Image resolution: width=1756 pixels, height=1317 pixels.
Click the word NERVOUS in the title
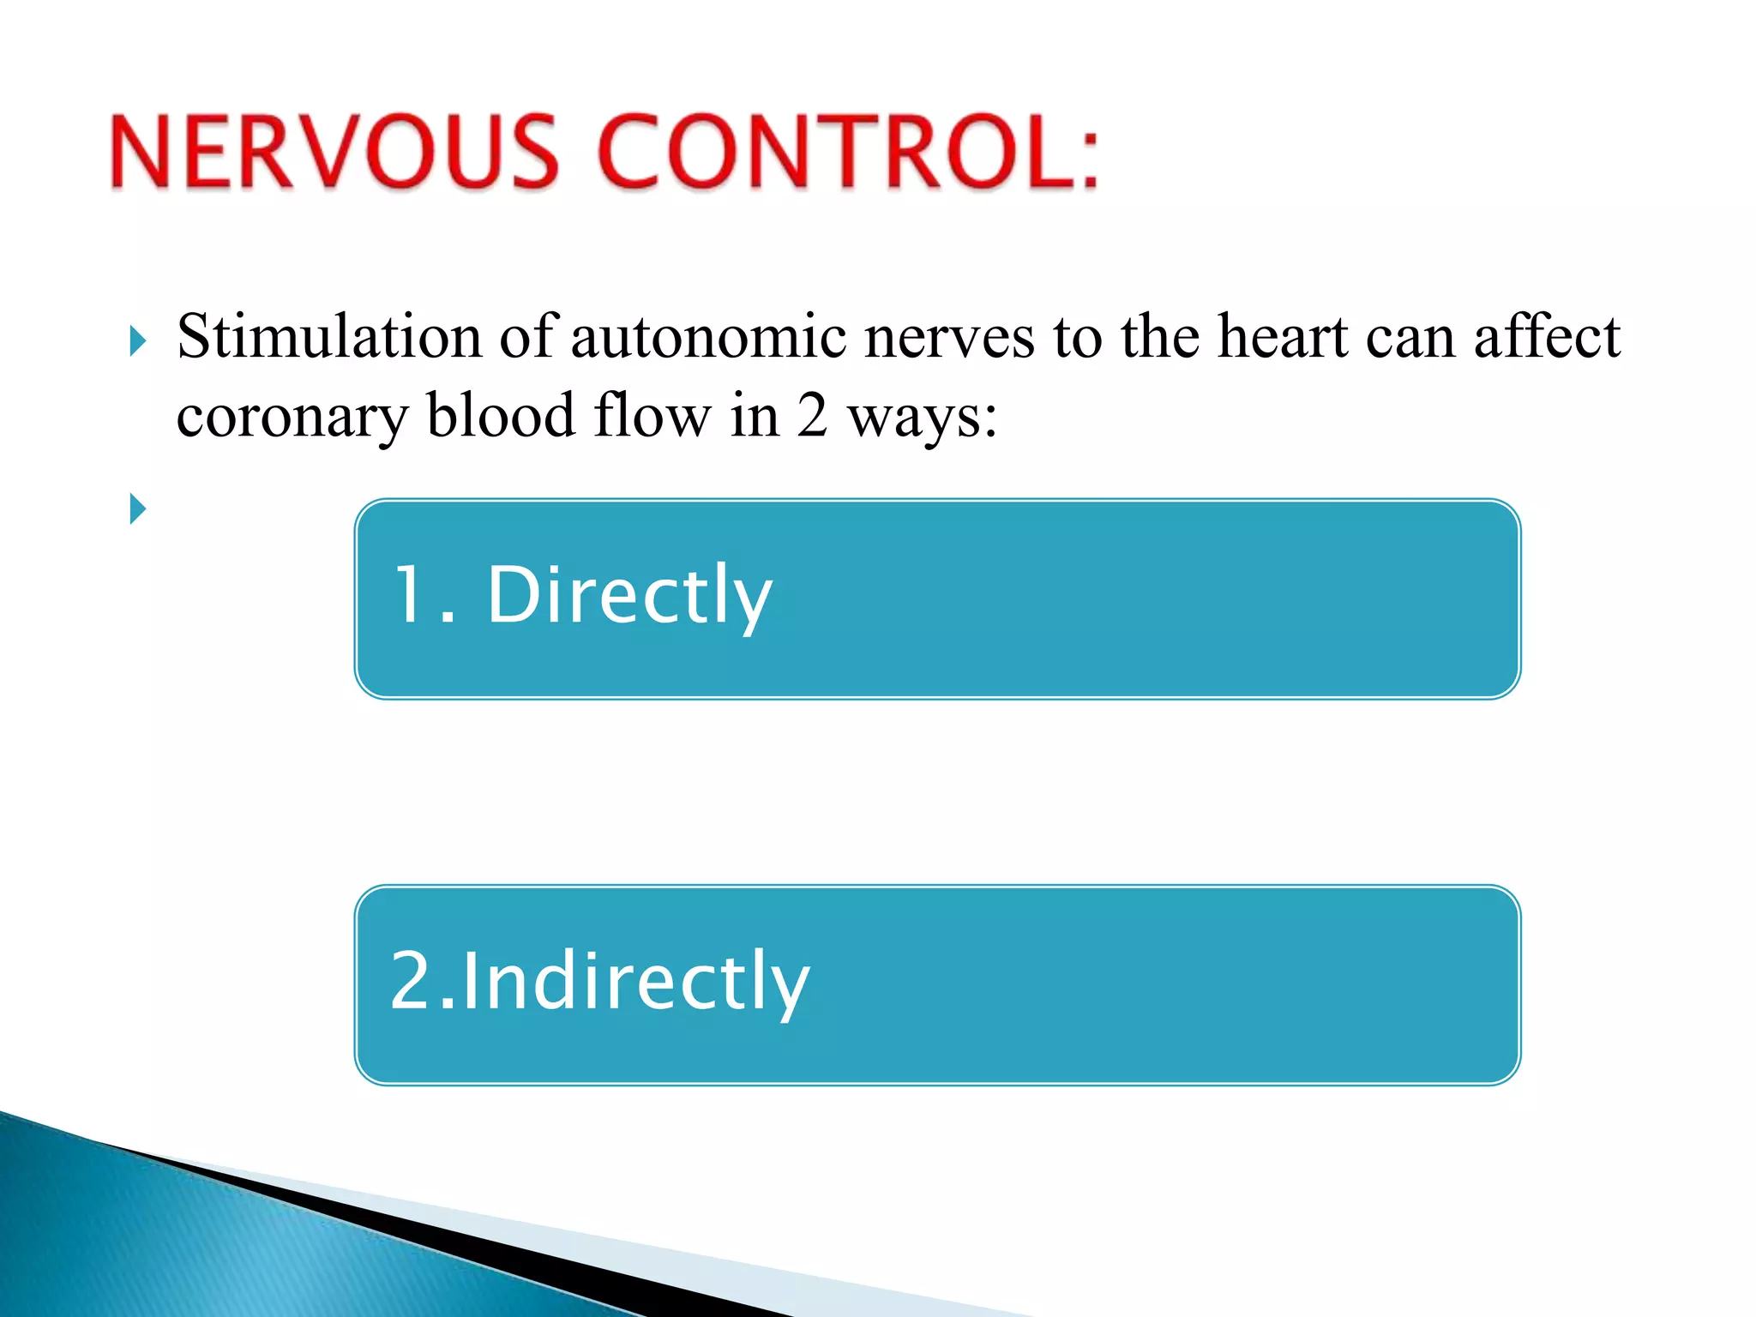point(334,153)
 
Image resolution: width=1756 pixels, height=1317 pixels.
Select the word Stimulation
point(329,336)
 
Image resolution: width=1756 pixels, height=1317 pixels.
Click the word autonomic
point(708,336)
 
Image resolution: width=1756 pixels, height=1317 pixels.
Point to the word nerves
point(949,336)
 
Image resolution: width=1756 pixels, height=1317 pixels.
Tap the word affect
point(1547,336)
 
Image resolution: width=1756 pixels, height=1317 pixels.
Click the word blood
point(501,415)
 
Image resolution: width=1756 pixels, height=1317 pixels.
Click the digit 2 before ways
point(811,415)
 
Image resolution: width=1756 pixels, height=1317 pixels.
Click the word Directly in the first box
point(629,595)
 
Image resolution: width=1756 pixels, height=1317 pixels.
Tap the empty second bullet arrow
point(137,508)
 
